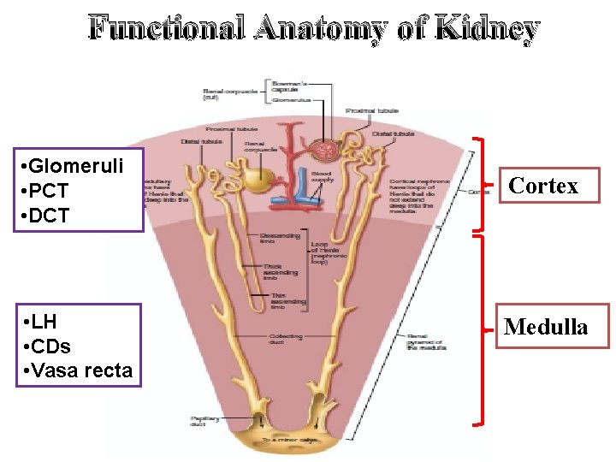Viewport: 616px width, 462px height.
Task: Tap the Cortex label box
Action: click(543, 185)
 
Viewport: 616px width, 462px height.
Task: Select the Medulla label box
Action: click(546, 326)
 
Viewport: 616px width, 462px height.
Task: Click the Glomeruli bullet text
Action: click(74, 165)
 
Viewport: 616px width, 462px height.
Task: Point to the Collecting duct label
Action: click(286, 338)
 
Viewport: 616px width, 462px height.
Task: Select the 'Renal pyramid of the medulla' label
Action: click(424, 341)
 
